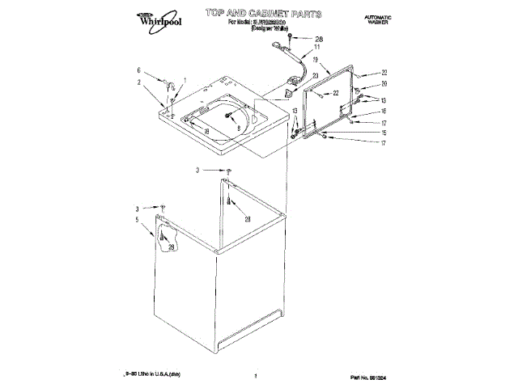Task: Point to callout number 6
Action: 138,70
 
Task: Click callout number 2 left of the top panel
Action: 138,82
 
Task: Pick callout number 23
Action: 315,75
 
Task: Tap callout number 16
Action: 384,111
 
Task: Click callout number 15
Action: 384,132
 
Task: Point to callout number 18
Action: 207,132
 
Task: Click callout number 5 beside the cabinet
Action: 137,219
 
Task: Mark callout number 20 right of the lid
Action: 384,84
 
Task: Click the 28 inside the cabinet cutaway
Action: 172,247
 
